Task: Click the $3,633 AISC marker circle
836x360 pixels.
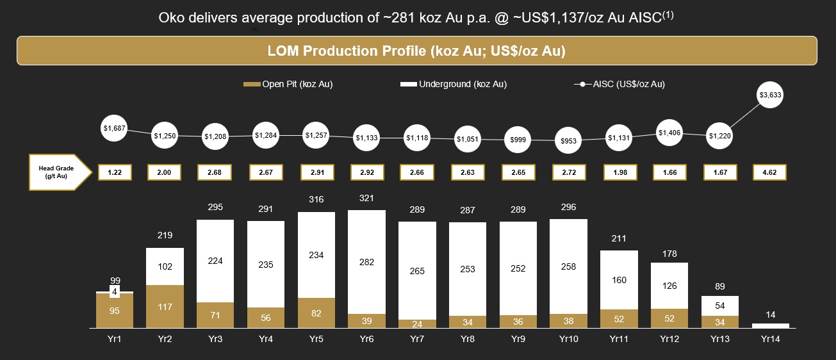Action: (770, 95)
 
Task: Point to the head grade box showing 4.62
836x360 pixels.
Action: (770, 172)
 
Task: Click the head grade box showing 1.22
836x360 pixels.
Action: (115, 172)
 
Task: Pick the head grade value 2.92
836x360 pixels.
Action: (367, 172)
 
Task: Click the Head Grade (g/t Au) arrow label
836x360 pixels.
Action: (57, 172)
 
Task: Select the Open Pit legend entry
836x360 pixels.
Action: (288, 85)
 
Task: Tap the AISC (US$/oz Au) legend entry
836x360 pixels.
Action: (619, 85)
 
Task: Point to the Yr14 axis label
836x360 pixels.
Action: (770, 340)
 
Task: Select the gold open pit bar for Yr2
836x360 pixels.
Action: (165, 306)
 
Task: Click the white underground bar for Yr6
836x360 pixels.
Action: (367, 262)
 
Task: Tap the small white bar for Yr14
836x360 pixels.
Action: (770, 325)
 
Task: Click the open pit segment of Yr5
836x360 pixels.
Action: (316, 313)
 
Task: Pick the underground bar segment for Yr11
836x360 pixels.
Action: (619, 280)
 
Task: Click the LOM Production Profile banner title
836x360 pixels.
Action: (416, 51)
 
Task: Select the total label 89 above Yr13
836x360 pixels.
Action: (719, 286)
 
